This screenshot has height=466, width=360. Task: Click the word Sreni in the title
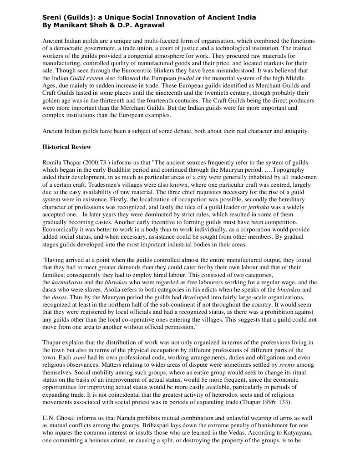52,17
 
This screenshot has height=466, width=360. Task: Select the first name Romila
52,162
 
